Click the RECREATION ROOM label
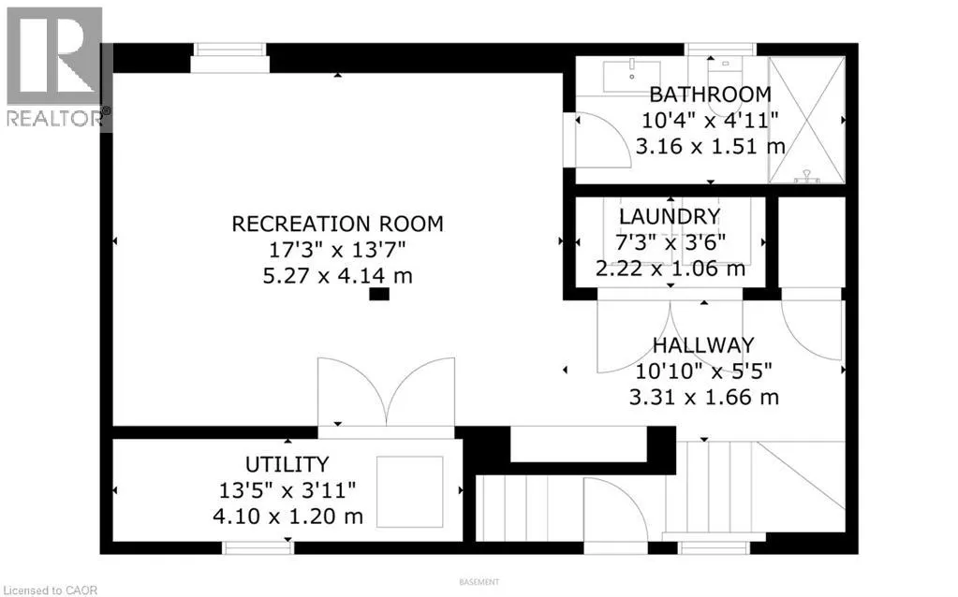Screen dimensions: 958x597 point(337,224)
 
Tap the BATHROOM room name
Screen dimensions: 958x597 point(710,95)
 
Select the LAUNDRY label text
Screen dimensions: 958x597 point(670,217)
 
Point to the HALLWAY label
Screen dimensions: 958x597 point(703,345)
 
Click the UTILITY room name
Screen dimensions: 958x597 point(287,464)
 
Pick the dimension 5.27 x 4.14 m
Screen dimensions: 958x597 point(337,276)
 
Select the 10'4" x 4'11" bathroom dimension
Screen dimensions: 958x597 point(710,121)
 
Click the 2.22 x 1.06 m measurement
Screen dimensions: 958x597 point(670,269)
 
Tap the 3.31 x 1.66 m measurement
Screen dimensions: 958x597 point(703,398)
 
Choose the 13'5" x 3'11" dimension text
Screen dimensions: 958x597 point(287,490)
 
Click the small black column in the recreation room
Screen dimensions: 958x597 point(379,294)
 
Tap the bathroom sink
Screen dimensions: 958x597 point(631,76)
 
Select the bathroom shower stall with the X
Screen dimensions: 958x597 point(806,120)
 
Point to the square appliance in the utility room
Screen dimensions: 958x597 point(409,491)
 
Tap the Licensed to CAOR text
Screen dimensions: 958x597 point(49,590)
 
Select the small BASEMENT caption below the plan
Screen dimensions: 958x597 point(479,582)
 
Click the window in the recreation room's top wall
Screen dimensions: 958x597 point(229,57)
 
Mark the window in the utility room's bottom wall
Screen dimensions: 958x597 point(258,547)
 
